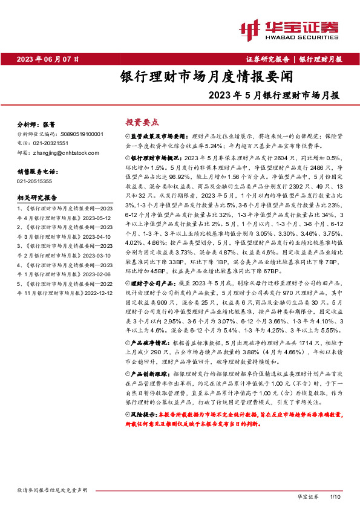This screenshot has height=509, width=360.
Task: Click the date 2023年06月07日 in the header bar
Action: pos(48,59)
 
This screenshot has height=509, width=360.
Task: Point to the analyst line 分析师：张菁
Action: pos(38,123)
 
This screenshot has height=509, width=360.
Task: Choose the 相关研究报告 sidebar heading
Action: pos(38,198)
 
